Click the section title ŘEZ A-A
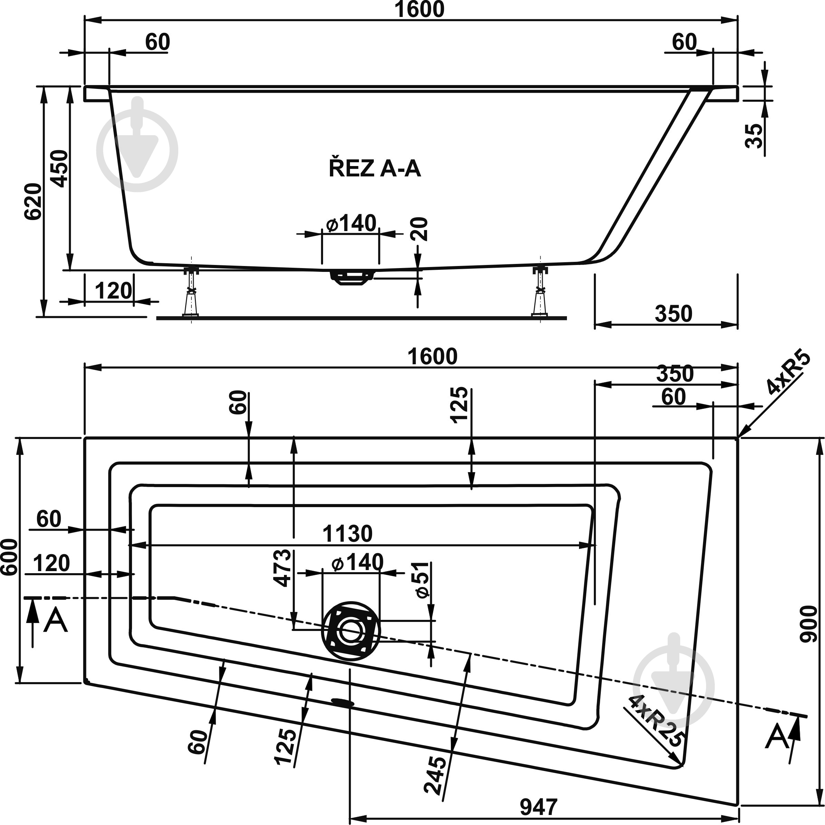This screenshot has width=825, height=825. click(x=374, y=169)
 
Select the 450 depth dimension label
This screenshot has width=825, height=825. click(x=58, y=168)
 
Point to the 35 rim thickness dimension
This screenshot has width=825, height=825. click(x=754, y=136)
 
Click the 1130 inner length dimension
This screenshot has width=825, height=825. click(x=347, y=534)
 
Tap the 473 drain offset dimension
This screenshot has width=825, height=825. click(x=282, y=569)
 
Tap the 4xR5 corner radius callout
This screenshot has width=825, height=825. click(x=788, y=372)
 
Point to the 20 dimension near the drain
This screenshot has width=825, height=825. click(x=420, y=229)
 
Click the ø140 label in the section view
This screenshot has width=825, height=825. click(x=351, y=223)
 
